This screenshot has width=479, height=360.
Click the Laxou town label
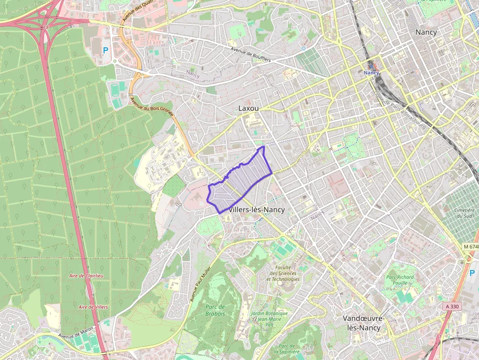(248, 108)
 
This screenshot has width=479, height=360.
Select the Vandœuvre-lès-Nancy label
(363, 323)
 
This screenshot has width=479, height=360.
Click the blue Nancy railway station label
(371, 73)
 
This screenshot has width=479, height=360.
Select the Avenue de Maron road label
(76, 336)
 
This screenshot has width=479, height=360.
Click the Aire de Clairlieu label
(86, 275)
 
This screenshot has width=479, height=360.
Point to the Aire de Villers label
(93, 307)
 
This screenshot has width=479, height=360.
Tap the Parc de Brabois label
(215, 310)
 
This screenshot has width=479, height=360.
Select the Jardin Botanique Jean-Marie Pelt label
(269, 318)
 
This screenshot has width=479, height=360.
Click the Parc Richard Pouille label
(399, 280)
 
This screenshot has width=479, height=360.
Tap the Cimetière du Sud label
(464, 213)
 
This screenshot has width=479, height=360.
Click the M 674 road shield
(470, 247)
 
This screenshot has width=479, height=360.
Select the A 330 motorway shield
(452, 306)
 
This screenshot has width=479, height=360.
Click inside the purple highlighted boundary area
(242, 181)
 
